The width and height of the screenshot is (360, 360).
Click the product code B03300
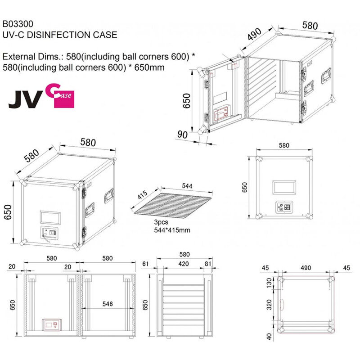click(18, 24)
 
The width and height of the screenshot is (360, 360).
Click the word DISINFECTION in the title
click(59, 35)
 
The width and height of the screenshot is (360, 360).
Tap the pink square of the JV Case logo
click(64, 99)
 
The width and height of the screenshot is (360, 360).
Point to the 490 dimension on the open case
click(254, 34)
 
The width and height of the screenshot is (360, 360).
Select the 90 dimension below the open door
click(182, 134)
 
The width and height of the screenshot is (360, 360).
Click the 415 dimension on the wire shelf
click(142, 195)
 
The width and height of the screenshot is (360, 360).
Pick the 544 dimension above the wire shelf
click(187, 186)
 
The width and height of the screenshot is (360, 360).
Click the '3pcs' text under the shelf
click(161, 222)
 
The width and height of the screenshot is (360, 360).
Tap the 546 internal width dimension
click(108, 304)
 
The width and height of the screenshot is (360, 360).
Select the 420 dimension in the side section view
click(184, 264)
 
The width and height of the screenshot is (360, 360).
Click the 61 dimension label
click(145, 264)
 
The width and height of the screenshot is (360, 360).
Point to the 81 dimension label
click(208, 264)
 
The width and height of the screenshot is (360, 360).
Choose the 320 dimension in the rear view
click(269, 305)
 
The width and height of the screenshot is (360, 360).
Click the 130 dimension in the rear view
click(269, 282)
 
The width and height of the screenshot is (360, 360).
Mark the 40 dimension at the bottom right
click(269, 337)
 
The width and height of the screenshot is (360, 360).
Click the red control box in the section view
click(52, 324)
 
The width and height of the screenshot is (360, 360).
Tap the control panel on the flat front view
click(284, 207)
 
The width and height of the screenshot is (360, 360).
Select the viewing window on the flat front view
click(284, 187)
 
